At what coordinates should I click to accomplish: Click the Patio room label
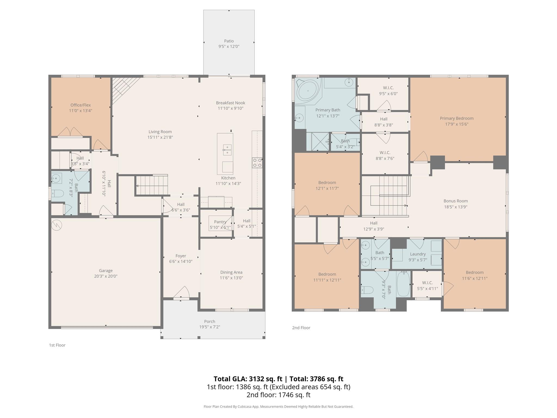[x=229, y=41]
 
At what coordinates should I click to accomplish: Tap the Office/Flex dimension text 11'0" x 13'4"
[x=81, y=111]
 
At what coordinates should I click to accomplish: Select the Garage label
[x=106, y=271]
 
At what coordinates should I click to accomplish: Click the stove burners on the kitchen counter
[x=257, y=163]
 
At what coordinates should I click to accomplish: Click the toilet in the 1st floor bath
[x=57, y=193]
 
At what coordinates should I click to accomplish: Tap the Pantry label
[x=220, y=222]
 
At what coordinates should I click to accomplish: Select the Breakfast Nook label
[x=230, y=103]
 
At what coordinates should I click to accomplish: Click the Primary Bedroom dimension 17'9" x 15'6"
[x=457, y=124]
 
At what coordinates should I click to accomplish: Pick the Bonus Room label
[x=456, y=201]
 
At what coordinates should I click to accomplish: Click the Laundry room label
[x=418, y=254]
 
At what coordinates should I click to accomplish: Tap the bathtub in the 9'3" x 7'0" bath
[x=403, y=284]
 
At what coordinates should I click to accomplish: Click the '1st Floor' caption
[x=57, y=345]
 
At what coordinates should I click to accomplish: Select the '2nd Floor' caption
[x=301, y=328]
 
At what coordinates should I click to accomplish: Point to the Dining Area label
[x=231, y=272]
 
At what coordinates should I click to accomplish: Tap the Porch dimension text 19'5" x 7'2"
[x=209, y=327]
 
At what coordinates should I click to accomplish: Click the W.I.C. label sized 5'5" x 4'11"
[x=428, y=283]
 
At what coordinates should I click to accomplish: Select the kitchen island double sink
[x=227, y=150]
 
